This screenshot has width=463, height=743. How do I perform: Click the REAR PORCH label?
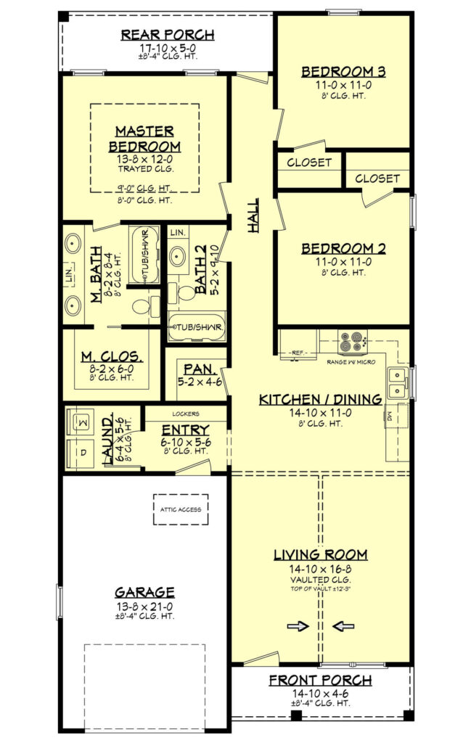click(x=167, y=35)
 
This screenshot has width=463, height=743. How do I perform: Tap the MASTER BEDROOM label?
click(x=144, y=139)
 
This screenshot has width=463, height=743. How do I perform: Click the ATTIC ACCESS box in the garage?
click(x=181, y=509)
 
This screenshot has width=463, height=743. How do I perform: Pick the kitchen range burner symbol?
click(x=353, y=341)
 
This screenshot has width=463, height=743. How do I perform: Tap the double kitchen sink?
click(x=397, y=383)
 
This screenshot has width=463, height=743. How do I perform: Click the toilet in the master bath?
click(x=152, y=305)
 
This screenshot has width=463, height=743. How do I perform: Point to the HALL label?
click(x=254, y=218)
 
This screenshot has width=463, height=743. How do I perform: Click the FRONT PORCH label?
click(x=320, y=681)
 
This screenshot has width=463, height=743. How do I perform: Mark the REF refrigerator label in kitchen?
click(x=297, y=353)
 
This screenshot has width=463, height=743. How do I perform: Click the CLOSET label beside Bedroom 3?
click(x=309, y=163)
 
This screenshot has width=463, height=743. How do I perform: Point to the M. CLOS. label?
click(x=111, y=357)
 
